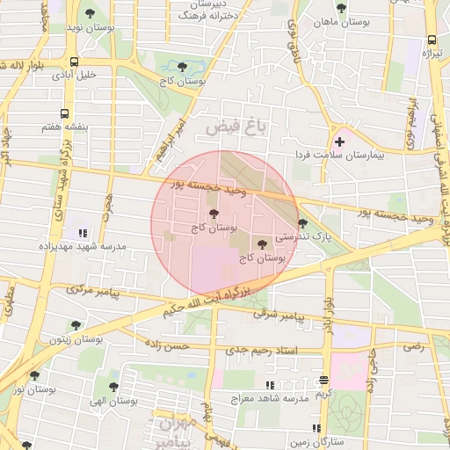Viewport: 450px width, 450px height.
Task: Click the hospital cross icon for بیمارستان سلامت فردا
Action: (339, 142)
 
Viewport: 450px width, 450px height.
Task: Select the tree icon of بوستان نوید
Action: (90, 14)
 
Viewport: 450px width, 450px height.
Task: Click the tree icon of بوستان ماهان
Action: (341, 8)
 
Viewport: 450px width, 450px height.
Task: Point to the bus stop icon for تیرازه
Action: (432, 40)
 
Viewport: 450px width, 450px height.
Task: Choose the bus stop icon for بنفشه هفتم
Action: (64, 113)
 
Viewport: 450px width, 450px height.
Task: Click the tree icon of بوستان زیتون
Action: (76, 325)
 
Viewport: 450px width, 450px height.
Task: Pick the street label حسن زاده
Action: (167, 346)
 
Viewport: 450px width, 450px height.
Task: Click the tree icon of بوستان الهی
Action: (112, 386)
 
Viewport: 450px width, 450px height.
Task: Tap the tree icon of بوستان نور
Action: (34, 375)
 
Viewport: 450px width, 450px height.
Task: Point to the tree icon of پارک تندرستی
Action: (303, 223)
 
